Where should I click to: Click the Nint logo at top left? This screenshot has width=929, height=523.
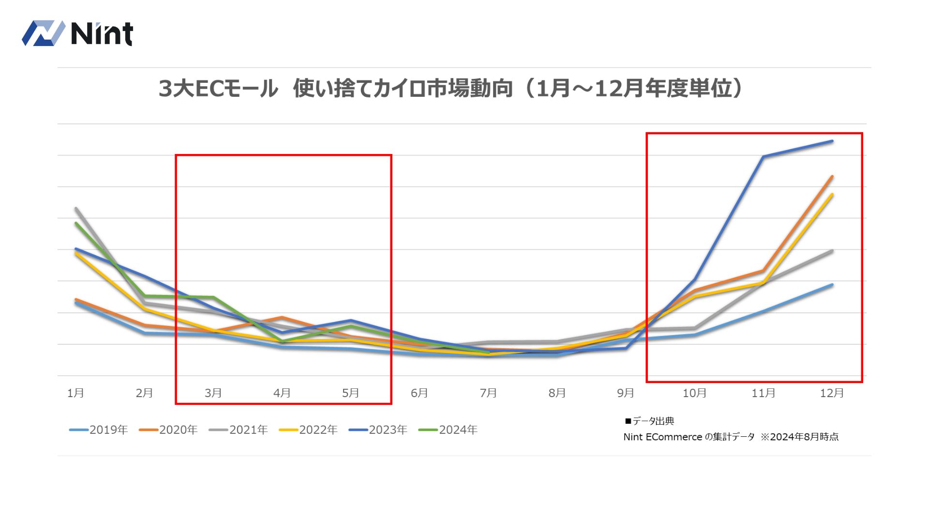pos(77,33)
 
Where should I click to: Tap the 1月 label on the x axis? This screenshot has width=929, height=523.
pos(75,393)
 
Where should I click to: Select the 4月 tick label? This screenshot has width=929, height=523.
pos(282,393)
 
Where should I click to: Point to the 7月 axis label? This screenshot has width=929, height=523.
pos(488,393)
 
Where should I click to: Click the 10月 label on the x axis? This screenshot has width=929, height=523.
pos(694,393)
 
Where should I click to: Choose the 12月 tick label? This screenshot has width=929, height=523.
pos(832,393)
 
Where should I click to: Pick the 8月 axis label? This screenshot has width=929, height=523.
pos(557,393)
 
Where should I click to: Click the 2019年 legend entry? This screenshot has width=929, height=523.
pos(99,430)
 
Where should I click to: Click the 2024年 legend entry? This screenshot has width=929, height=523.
pos(448,430)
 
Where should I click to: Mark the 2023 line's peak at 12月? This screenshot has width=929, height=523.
pos(832,141)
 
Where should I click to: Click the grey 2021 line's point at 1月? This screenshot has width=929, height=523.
pos(76,208)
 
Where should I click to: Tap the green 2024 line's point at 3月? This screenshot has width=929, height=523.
pos(213,297)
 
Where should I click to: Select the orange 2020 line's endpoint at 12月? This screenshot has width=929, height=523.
pos(832,176)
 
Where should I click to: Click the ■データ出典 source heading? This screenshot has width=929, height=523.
pos(649,421)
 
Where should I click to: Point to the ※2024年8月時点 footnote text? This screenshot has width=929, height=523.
pos(799,437)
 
